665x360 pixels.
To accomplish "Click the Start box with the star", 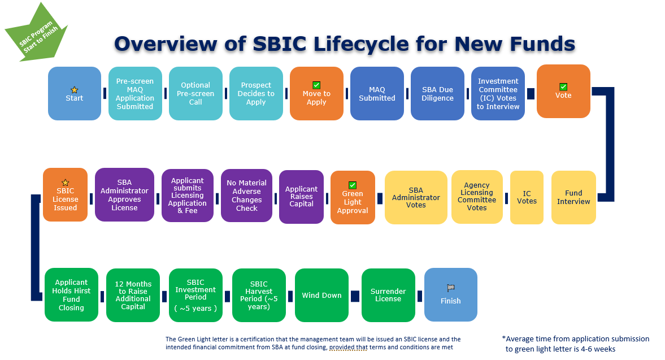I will tap(75, 94).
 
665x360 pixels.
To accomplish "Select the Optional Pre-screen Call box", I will tap(195, 94).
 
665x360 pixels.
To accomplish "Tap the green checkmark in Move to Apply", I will tap(316, 85).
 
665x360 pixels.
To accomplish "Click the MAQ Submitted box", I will tap(377, 94).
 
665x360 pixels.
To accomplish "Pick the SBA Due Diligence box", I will tap(437, 94).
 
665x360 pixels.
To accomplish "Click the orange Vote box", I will tap(563, 92).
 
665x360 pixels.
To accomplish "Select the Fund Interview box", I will tap(573, 197).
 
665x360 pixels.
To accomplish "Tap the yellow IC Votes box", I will tap(527, 197).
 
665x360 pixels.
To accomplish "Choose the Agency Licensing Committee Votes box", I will tap(477, 197).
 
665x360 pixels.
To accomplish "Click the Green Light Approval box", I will tap(353, 197).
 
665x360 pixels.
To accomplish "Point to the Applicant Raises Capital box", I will tap(301, 197).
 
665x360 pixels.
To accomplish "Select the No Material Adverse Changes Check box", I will tap(247, 196).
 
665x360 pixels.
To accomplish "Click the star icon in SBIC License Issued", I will tap(65, 182).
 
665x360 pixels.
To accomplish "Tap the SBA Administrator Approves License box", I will tap(124, 195).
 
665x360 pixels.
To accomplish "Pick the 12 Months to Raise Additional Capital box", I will tap(133, 295).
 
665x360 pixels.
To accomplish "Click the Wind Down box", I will tap(321, 295).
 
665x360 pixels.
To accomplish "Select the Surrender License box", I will tap(388, 295).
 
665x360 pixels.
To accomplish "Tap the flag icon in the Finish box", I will tap(450, 287).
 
